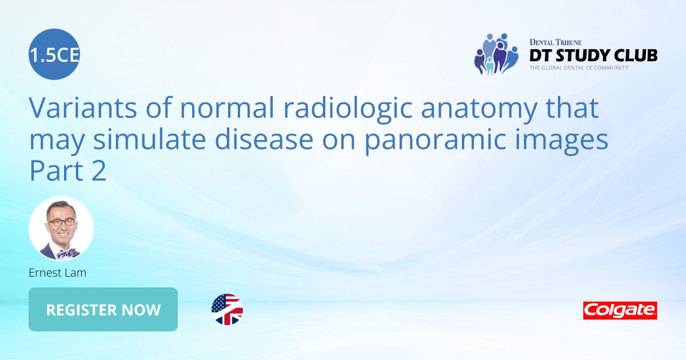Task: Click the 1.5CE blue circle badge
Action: point(54,54)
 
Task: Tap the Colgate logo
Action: point(620,310)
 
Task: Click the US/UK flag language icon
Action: point(227,310)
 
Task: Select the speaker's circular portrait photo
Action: point(61,229)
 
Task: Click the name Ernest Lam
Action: point(57,273)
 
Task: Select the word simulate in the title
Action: point(154,140)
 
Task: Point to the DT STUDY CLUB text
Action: point(593,55)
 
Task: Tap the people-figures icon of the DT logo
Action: point(496,54)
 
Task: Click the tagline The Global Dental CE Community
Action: point(579,68)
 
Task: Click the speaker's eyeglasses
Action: point(62,222)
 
